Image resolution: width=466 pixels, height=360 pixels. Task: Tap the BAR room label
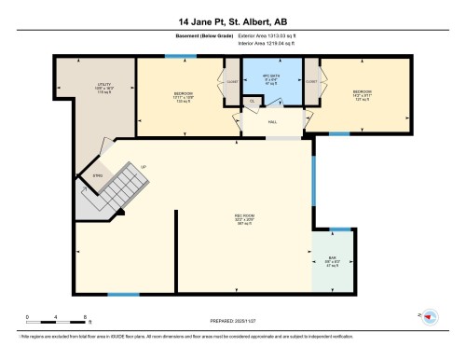pyautogui.click(x=332, y=262)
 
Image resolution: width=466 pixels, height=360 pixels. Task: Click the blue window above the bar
pyautogui.click(x=340, y=228)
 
